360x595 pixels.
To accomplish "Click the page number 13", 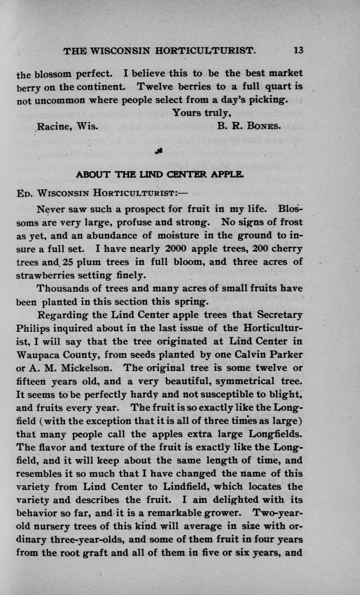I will pyautogui.click(x=298, y=50).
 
